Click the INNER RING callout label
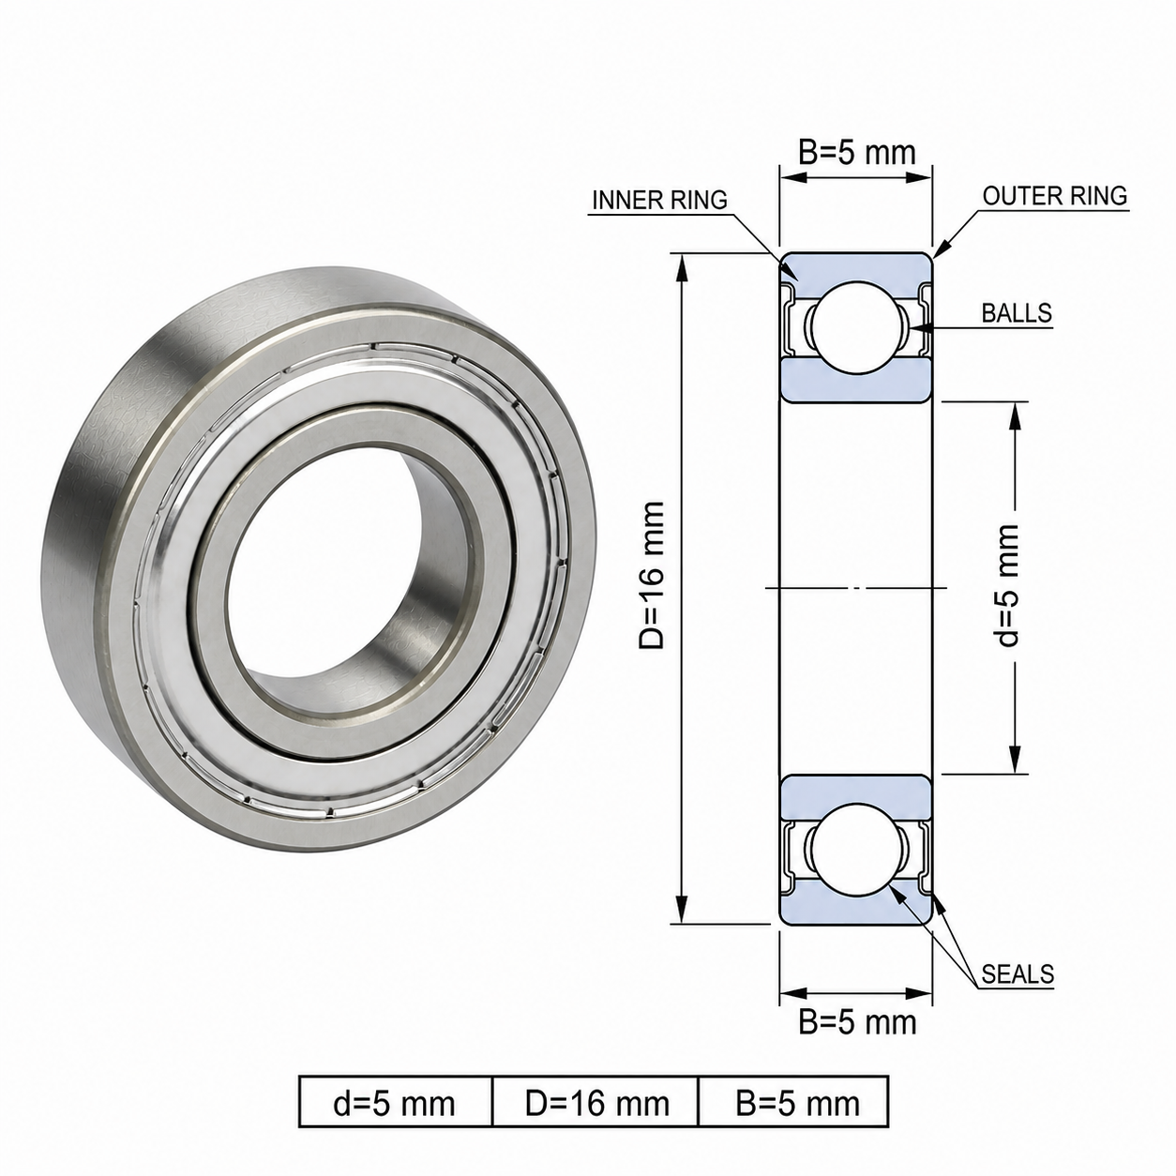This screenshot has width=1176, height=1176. point(659,200)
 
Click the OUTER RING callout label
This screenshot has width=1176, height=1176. point(1055,195)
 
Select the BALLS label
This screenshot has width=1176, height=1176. point(1017,313)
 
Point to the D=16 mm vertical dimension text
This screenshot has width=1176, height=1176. point(651,576)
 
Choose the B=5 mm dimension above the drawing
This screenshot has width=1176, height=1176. point(857,153)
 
